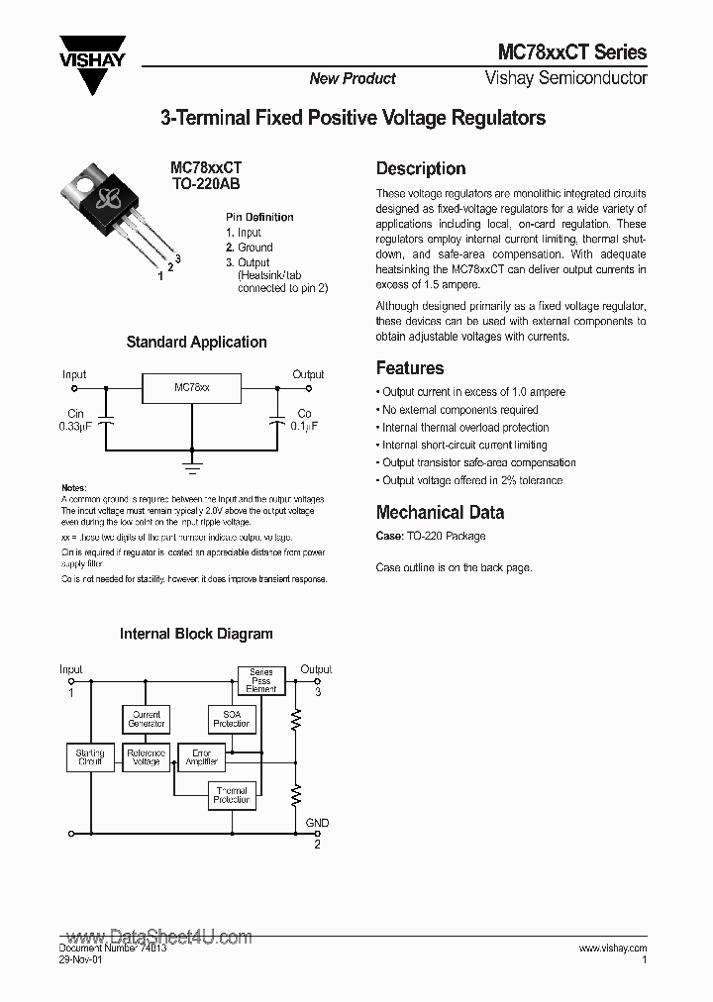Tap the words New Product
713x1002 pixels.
click(352, 79)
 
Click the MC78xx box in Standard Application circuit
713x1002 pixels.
click(192, 388)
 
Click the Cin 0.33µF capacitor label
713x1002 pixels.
click(74, 421)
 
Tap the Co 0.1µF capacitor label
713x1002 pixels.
click(304, 421)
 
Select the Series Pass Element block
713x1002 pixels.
click(261, 680)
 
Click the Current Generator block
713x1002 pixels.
click(147, 719)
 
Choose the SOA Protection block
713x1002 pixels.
click(232, 719)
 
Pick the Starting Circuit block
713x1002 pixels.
click(90, 757)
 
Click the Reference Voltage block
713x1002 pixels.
click(147, 757)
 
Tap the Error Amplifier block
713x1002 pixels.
click(202, 757)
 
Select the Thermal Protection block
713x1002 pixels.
click(232, 795)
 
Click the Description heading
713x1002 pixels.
click(421, 168)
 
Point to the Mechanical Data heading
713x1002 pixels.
click(440, 512)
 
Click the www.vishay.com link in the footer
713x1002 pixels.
click(612, 948)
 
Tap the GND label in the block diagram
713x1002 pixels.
click(317, 823)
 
